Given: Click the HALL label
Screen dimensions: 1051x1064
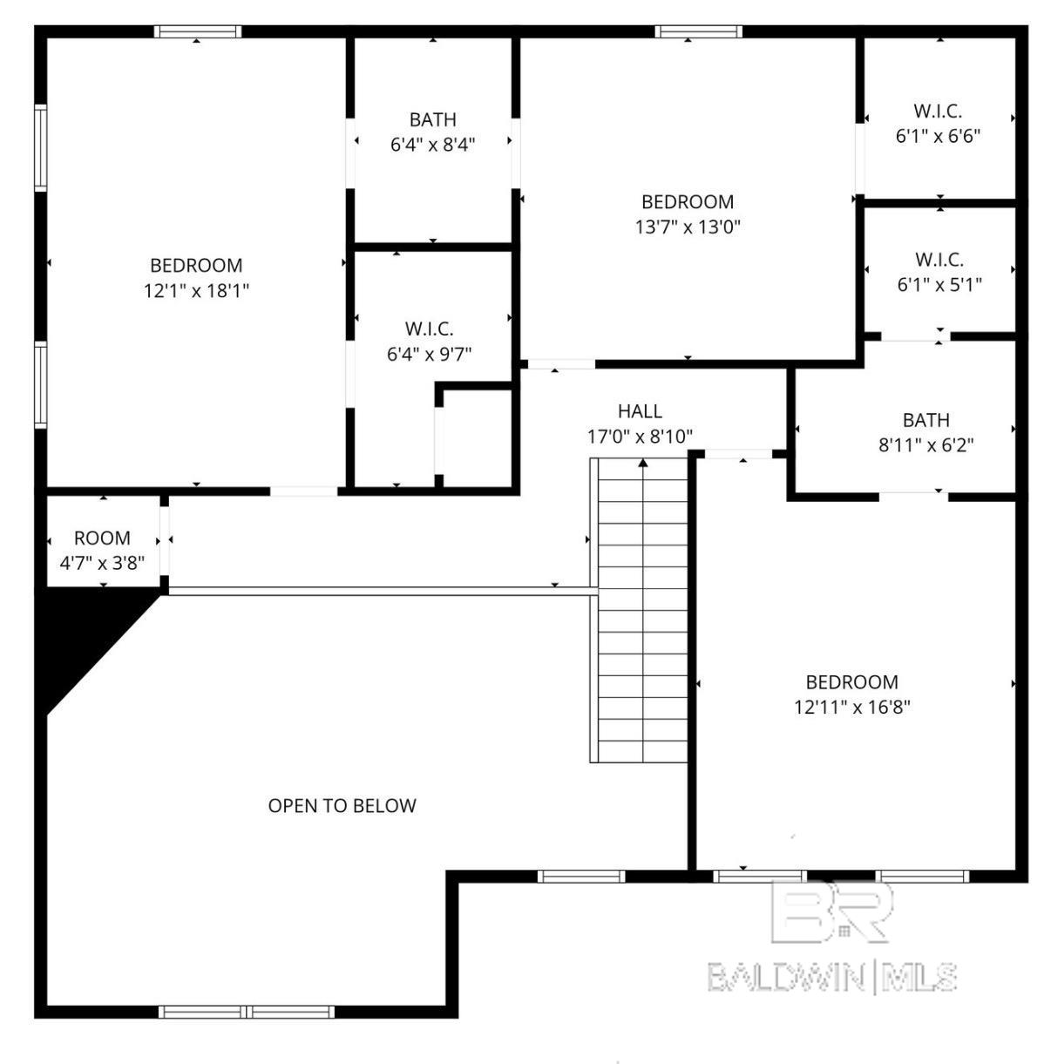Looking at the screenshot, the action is (x=640, y=411).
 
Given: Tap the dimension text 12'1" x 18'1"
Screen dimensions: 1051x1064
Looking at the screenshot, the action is (x=197, y=290).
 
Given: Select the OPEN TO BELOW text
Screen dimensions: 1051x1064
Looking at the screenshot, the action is (x=342, y=806).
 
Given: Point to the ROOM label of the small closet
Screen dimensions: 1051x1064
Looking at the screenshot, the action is (x=102, y=538).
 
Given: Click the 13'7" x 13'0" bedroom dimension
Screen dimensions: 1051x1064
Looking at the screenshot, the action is (x=688, y=227).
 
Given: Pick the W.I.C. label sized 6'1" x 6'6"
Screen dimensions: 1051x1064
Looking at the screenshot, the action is (x=938, y=111).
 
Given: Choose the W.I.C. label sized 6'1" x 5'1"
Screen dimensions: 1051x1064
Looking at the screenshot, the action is (x=939, y=260).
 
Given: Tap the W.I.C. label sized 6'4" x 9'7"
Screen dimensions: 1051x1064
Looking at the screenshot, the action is (x=429, y=329).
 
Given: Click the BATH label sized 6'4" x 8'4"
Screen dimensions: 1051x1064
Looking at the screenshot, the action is (x=433, y=119).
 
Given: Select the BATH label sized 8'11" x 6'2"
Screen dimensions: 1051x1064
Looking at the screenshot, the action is (x=926, y=420).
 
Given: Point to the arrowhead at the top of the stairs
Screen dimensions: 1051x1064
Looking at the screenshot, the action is (x=643, y=463).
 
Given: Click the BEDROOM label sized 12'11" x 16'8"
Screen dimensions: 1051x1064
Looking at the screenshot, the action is (x=852, y=682).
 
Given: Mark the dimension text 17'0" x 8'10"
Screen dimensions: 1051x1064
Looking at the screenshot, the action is (x=640, y=437).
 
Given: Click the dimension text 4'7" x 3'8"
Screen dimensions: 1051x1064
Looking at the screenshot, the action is (x=102, y=563).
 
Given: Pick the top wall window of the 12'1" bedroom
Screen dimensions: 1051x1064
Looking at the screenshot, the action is (x=197, y=31).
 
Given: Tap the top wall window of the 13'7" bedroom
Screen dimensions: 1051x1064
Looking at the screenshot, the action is (x=699, y=31).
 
